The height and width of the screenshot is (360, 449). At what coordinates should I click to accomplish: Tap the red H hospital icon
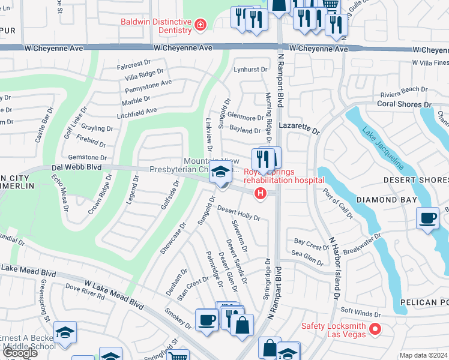click(x=260, y=193)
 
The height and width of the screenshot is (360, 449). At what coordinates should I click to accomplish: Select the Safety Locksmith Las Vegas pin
click(x=375, y=329)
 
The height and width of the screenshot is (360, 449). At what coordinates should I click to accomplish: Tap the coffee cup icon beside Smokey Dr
click(x=206, y=319)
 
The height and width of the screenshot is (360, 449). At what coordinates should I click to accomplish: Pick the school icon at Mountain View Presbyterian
click(x=221, y=173)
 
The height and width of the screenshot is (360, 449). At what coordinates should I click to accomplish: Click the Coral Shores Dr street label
click(x=404, y=104)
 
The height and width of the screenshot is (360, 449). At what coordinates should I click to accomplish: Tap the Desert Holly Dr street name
click(x=238, y=212)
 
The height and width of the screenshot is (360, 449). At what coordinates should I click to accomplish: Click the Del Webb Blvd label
click(x=76, y=168)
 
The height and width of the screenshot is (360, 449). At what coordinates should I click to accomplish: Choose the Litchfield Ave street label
click(x=137, y=110)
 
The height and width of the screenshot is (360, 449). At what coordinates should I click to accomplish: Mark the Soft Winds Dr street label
click(x=361, y=314)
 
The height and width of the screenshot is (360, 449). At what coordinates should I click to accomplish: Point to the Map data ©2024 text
click(x=423, y=355)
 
